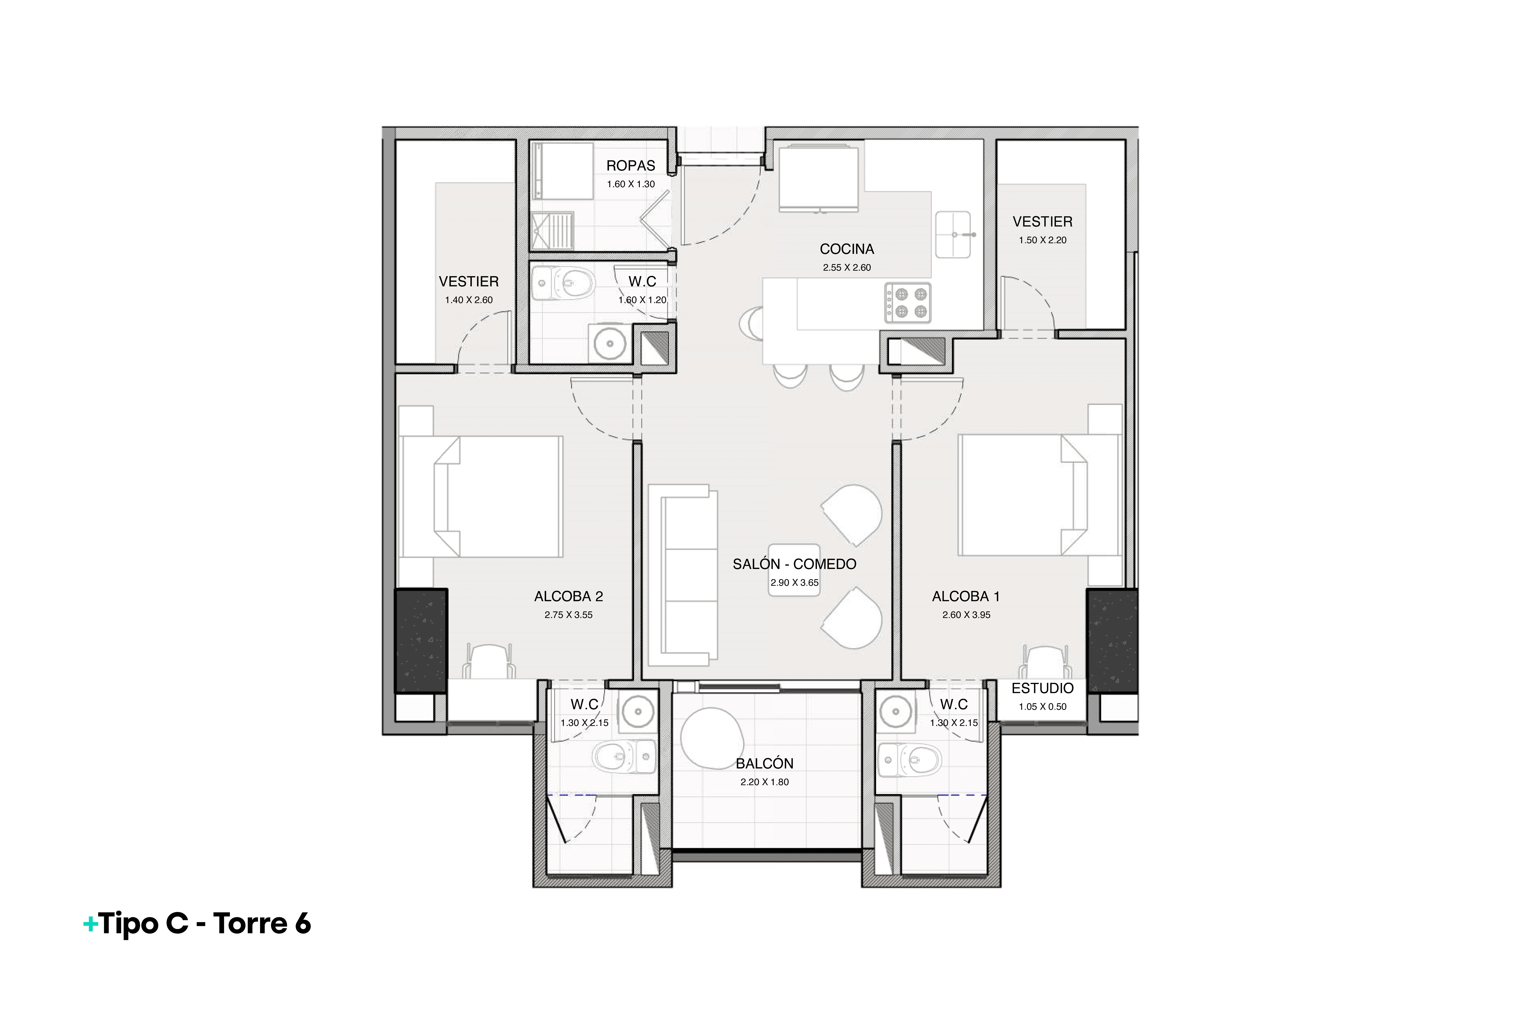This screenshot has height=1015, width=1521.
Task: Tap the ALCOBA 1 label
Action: [966, 596]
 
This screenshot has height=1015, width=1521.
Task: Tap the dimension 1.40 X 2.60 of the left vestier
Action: [469, 300]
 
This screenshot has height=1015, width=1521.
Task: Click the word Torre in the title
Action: [250, 924]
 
